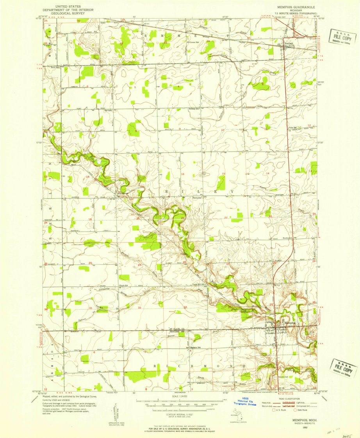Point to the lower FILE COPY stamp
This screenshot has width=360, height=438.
344,367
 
